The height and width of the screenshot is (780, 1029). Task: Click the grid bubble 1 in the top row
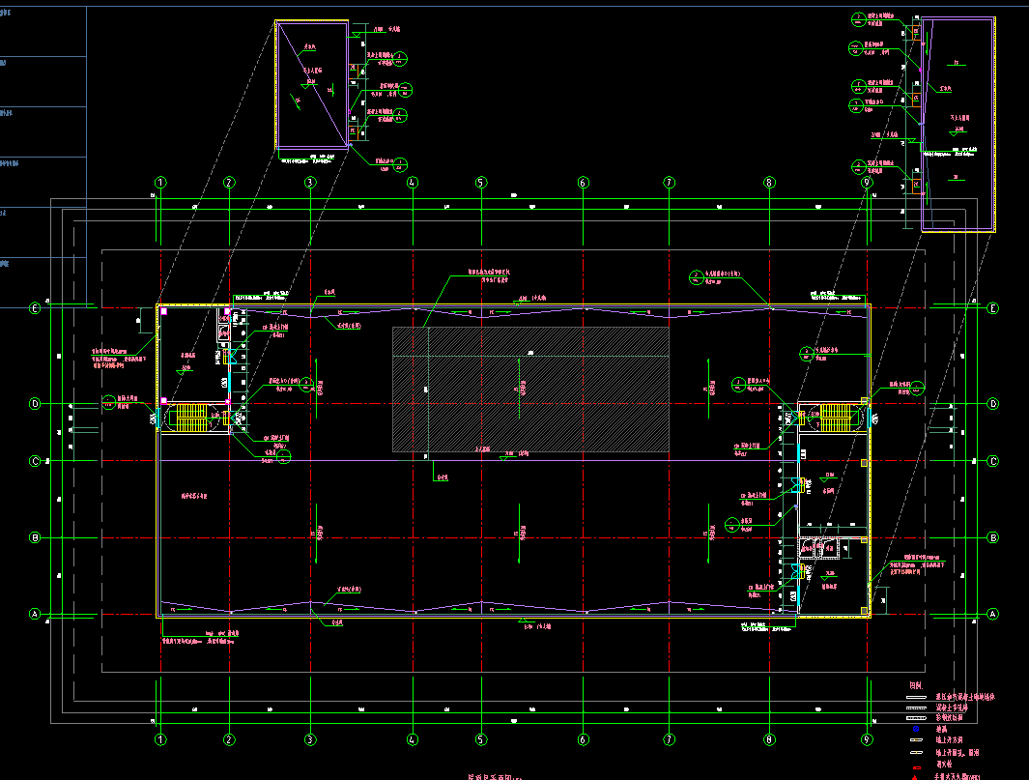point(160,182)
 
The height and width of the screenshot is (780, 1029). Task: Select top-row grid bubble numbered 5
point(480,182)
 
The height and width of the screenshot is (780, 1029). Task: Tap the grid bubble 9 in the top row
point(867,182)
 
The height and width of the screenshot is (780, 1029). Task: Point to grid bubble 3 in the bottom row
point(310,739)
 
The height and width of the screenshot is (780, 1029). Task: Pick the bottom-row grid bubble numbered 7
point(669,739)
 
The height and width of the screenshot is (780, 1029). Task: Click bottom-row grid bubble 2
point(229,739)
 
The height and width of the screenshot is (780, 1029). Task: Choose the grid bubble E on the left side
point(35,308)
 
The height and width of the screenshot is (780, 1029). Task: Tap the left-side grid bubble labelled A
point(35,614)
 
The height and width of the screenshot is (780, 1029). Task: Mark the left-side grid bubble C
point(35,461)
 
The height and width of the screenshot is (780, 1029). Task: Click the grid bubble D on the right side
point(992,404)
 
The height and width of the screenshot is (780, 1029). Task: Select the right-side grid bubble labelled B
point(992,537)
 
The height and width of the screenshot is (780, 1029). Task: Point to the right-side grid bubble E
point(992,308)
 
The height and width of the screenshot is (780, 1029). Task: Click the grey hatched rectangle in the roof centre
point(530,389)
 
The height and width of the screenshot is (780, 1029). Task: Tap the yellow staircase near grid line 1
point(191,418)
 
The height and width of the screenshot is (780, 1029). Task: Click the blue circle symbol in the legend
point(915,729)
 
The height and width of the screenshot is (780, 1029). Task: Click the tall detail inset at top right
point(958,125)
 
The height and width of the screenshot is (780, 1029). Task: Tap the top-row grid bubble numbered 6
point(583,182)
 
